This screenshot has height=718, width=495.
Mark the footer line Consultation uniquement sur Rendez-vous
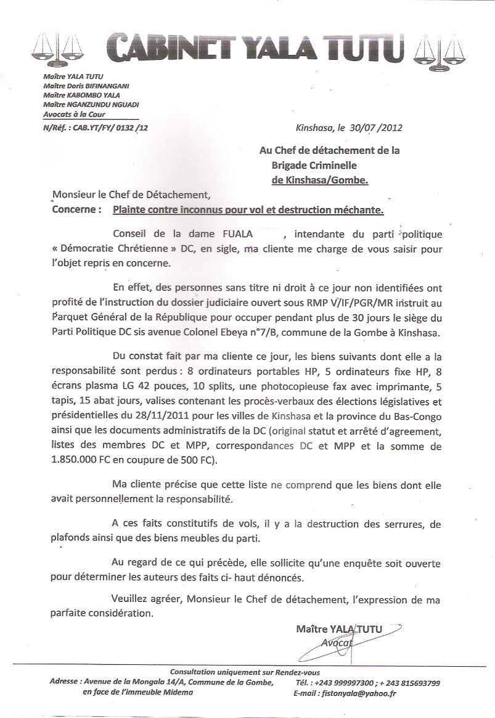[245, 672]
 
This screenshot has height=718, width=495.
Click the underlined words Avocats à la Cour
[75, 114]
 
